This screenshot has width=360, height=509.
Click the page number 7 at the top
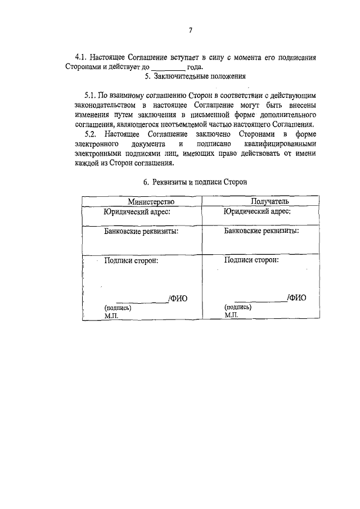(191, 30)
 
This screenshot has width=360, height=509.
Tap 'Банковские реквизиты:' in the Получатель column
(262, 231)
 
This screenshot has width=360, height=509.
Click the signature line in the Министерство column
(141, 303)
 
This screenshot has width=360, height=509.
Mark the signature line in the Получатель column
(260, 303)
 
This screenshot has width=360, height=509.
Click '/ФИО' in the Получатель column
(296, 298)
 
